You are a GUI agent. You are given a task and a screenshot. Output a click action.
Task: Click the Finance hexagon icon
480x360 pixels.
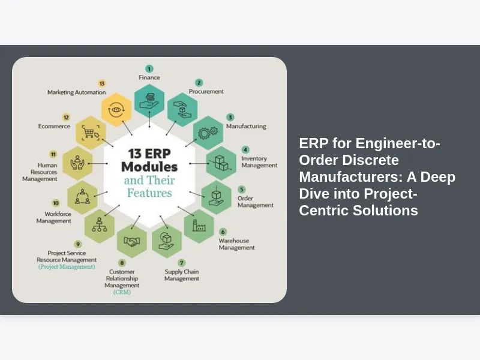click(149, 100)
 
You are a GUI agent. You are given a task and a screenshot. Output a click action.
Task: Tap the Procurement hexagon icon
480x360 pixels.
click(182, 110)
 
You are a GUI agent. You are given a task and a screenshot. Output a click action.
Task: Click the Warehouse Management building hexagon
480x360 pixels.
click(199, 225)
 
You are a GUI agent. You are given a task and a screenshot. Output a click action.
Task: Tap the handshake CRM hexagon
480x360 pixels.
click(132, 241)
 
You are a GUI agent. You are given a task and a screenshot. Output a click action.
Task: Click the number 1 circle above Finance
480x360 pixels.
click(149, 69)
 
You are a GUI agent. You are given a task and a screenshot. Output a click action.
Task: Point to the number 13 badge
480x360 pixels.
click(102, 83)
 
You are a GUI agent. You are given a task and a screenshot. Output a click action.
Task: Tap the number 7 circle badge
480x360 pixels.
click(182, 263)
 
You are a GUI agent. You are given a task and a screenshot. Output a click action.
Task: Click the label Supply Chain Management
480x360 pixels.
click(182, 275)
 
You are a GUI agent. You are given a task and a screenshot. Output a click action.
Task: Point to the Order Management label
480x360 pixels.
click(255, 202)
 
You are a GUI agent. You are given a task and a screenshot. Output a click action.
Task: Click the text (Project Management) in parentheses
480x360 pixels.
click(67, 266)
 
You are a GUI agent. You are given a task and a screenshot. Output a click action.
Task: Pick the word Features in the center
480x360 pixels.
click(149, 193)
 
